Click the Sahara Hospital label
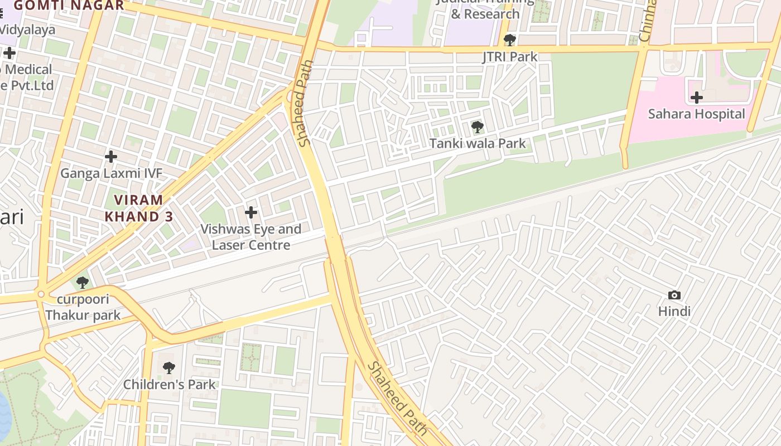[x=696, y=114]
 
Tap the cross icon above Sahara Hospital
[x=696, y=98]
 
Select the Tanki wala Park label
[x=478, y=143]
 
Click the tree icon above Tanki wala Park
[x=477, y=127]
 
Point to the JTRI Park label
[x=510, y=56]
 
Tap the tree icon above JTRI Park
[x=509, y=40]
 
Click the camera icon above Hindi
[x=674, y=295]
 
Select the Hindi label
[x=674, y=311]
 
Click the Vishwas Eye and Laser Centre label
[x=251, y=237]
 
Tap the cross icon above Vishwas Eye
[x=251, y=212]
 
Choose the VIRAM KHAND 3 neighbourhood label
[x=139, y=208]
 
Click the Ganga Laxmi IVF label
[x=111, y=173]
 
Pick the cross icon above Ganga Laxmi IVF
[x=111, y=157]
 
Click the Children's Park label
[x=169, y=384]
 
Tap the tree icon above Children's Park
[x=168, y=368]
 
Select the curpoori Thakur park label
[x=83, y=307]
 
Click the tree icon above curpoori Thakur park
[x=83, y=283]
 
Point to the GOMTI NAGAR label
[x=69, y=6]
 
